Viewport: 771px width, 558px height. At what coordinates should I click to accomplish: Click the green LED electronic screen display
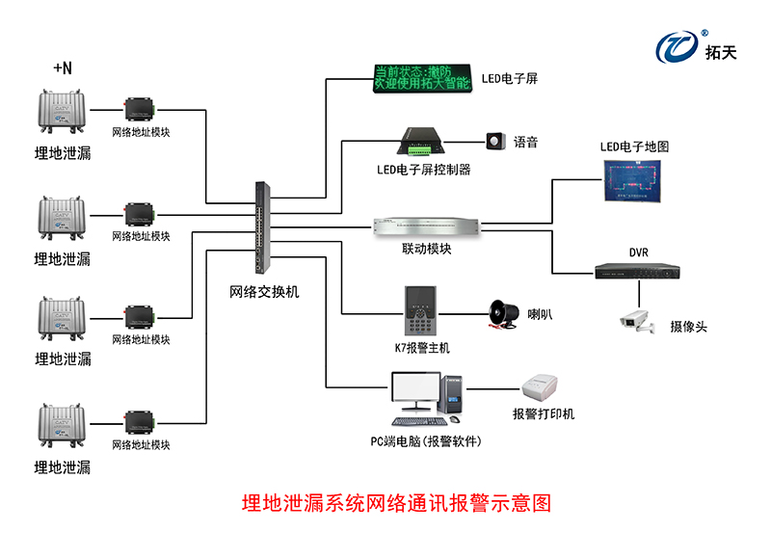(x=421, y=78)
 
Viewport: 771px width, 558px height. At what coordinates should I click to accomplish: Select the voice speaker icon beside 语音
(x=496, y=141)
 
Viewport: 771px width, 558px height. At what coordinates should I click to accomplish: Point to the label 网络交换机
(x=264, y=290)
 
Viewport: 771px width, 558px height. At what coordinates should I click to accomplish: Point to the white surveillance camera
(x=637, y=321)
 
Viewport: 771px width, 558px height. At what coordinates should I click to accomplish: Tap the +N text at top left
(x=63, y=67)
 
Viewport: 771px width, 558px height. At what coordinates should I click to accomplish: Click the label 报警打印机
(x=543, y=413)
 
